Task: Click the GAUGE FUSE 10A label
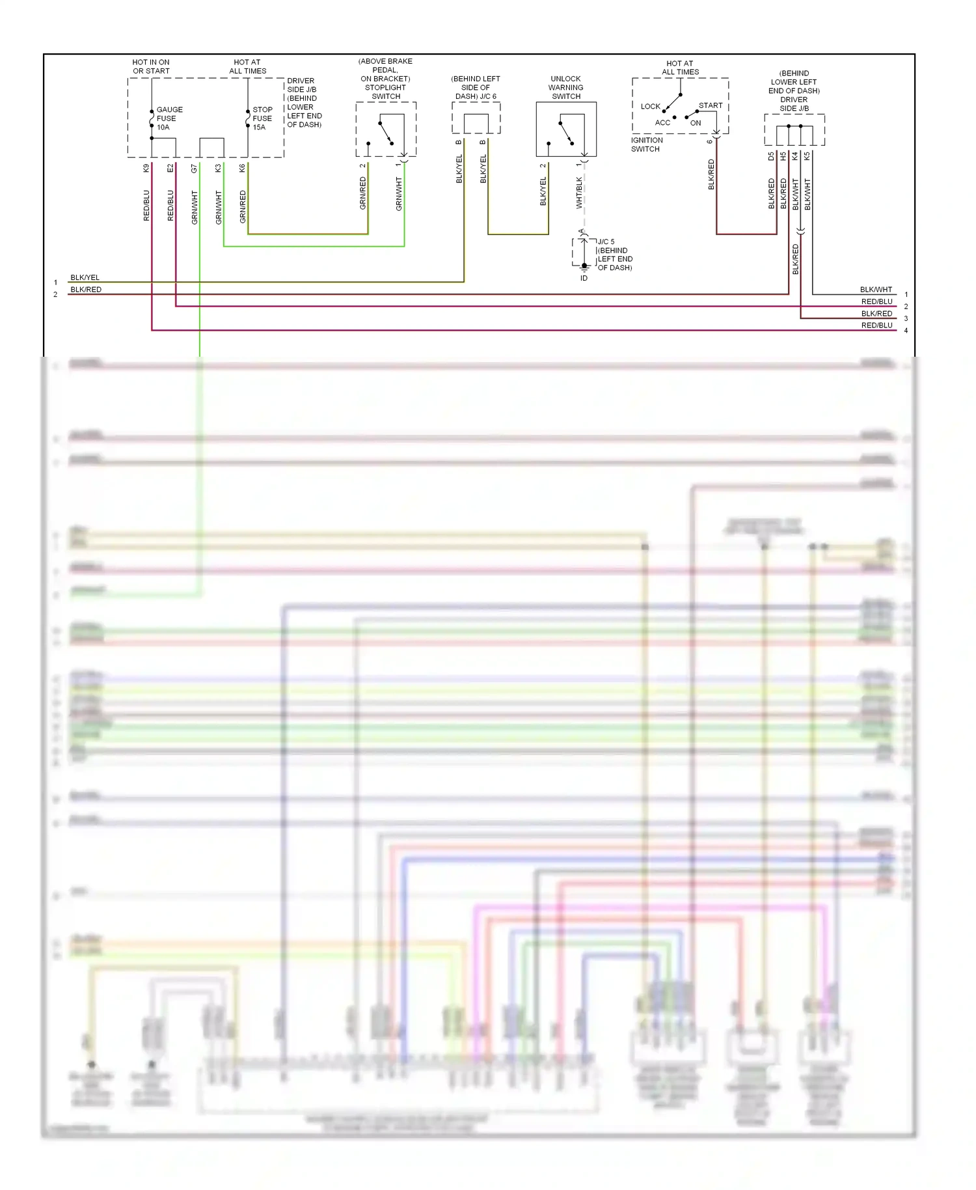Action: point(169,118)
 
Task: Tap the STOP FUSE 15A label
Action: point(262,118)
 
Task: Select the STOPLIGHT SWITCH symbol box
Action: point(386,129)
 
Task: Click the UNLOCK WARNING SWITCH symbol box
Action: point(566,129)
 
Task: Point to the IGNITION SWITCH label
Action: point(647,145)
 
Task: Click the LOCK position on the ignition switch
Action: point(650,106)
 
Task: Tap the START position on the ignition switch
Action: point(711,105)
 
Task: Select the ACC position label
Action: point(662,122)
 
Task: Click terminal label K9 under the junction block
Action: point(146,168)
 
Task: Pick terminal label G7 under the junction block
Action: point(195,168)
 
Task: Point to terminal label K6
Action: point(243,168)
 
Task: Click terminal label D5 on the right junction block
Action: point(771,156)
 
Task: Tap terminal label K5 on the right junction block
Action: point(807,156)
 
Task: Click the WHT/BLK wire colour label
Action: point(579,193)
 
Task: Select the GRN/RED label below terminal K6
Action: point(243,207)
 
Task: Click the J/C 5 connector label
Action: point(606,242)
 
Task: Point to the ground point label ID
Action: point(584,278)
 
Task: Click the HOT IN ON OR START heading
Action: point(151,66)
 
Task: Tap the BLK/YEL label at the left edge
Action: point(85,277)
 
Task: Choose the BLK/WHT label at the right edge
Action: point(876,290)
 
